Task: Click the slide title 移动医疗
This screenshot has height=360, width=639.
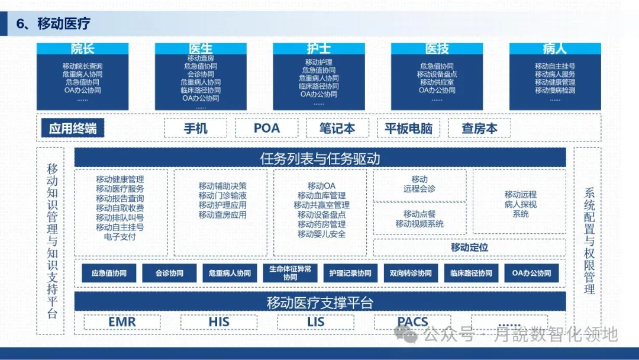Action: pyautogui.click(x=63, y=24)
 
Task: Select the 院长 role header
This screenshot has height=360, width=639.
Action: pyautogui.click(x=82, y=49)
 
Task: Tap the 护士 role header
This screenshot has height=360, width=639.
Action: pyautogui.click(x=318, y=49)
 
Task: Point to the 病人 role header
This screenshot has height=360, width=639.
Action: pyautogui.click(x=554, y=49)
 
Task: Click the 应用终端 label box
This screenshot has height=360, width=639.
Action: pyautogui.click(x=73, y=128)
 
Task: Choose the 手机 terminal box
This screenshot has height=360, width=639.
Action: pyautogui.click(x=195, y=128)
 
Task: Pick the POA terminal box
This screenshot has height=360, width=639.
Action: pyautogui.click(x=266, y=128)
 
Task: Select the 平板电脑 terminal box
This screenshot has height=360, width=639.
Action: pyautogui.click(x=408, y=128)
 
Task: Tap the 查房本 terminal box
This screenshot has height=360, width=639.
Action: pyautogui.click(x=479, y=128)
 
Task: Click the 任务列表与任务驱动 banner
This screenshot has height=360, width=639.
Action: pyautogui.click(x=319, y=158)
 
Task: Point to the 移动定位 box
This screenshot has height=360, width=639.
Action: pyautogui.click(x=469, y=247)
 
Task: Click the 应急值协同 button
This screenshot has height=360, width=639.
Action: pyautogui.click(x=109, y=273)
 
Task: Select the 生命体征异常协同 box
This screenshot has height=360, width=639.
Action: pyautogui.click(x=290, y=273)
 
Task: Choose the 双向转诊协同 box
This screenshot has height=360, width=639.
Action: pyautogui.click(x=411, y=273)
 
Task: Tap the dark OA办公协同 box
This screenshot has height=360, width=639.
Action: pyautogui.click(x=531, y=273)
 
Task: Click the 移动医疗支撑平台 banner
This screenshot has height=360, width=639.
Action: pyautogui.click(x=319, y=303)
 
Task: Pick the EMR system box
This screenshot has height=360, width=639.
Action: pyautogui.click(x=122, y=322)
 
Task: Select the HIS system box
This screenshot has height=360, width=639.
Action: pyautogui.click(x=219, y=322)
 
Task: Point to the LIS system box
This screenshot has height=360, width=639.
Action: pyautogui.click(x=316, y=322)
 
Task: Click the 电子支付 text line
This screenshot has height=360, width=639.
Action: pyautogui.click(x=120, y=237)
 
